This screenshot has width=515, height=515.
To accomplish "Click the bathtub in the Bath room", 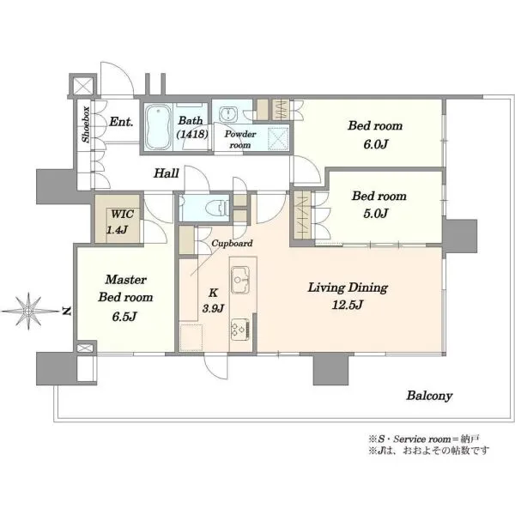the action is pyautogui.click(x=158, y=127).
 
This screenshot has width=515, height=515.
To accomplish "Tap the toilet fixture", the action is pyautogui.click(x=217, y=208).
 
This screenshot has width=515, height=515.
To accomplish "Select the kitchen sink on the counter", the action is pyautogui.click(x=240, y=280).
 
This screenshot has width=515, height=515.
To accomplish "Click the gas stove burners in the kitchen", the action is pyautogui.click(x=240, y=330).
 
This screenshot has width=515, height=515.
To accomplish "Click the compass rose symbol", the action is pyautogui.click(x=28, y=311).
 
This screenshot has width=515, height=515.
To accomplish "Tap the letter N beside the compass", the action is pyautogui.click(x=67, y=311).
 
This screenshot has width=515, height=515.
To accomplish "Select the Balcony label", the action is pyautogui.click(x=429, y=396).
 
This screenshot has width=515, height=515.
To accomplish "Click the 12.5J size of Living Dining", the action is pyautogui.click(x=348, y=305).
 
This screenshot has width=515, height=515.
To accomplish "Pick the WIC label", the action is pyautogui.click(x=122, y=215).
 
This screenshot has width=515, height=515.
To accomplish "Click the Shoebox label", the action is pyautogui.click(x=86, y=124).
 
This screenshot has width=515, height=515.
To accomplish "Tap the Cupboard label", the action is pyautogui.click(x=233, y=244).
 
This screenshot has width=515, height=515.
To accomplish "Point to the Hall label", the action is pyautogui.click(x=167, y=173).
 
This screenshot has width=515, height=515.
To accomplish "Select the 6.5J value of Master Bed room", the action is pyautogui.click(x=124, y=317).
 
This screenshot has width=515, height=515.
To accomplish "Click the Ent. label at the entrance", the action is pyautogui.click(x=121, y=122).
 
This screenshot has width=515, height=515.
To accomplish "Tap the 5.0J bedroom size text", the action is pyautogui.click(x=376, y=214).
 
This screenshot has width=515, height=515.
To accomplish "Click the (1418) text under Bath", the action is pyautogui.click(x=192, y=134).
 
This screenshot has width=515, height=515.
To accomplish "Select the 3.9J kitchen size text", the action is pyautogui.click(x=213, y=308).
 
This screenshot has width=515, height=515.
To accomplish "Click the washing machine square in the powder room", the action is pyautogui.click(x=278, y=138).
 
